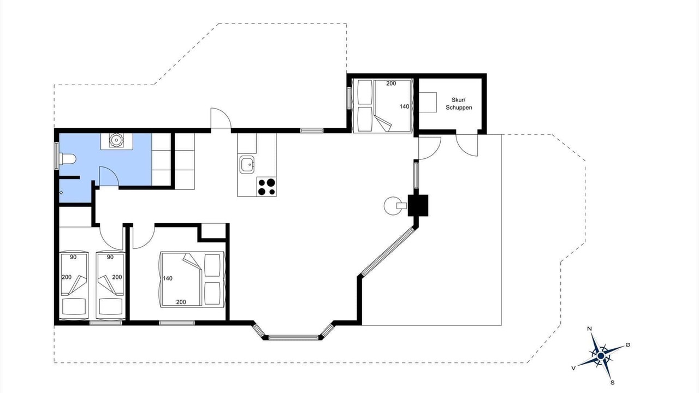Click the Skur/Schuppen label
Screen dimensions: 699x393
tap(459, 104)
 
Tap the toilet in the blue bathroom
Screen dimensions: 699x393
tap(67, 159)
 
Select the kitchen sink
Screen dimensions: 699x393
tap(247, 164)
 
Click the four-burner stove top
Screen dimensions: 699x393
tap(266, 187)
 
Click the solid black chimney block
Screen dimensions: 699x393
tap(418, 205)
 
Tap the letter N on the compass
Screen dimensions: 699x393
tap(589, 329)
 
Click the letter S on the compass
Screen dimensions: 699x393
tap(612, 383)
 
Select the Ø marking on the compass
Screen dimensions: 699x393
tap(627, 344)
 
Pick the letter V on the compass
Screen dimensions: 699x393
tap(573, 368)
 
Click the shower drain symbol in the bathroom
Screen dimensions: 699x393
tap(61, 193)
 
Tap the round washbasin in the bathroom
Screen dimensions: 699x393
tap(116, 140)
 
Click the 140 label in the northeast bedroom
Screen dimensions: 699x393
tap(405, 106)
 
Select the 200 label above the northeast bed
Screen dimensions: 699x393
tap(391, 84)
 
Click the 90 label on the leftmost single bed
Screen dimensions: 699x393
tap(73, 257)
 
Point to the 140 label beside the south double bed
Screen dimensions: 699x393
tap(168, 278)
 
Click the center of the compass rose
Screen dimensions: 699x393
tap(601, 355)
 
